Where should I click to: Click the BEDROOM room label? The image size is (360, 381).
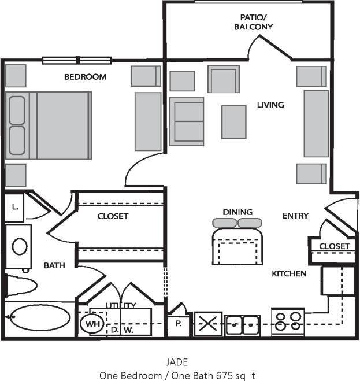(85, 77)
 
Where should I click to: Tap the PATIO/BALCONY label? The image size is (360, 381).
(253, 22)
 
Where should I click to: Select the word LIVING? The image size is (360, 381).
(270, 105)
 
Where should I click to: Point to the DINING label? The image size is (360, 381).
(237, 212)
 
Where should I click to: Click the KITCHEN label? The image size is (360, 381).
(289, 273)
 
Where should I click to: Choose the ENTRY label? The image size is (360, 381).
(295, 216)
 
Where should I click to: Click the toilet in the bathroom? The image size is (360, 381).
(20, 285)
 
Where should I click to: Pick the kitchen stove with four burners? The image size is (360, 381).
(288, 321)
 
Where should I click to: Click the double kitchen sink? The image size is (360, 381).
(243, 324)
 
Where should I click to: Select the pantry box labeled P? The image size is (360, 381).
(179, 324)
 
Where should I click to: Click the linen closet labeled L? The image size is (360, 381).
(14, 206)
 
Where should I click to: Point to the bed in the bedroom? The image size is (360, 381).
(48, 125)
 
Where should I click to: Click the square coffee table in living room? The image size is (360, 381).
(234, 122)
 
